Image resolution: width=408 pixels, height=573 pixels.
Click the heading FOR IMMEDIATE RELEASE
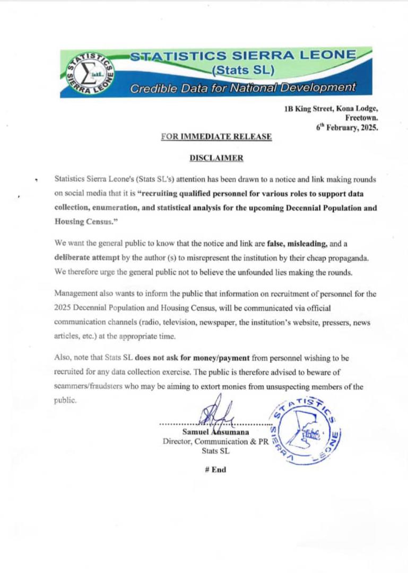tap(216, 137)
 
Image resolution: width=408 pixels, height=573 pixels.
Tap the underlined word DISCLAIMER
tap(216, 158)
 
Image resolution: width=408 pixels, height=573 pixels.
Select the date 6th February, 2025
tap(347, 127)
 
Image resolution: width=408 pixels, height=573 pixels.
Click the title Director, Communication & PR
tap(215, 441)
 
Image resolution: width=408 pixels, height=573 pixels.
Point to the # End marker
tap(215, 470)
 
